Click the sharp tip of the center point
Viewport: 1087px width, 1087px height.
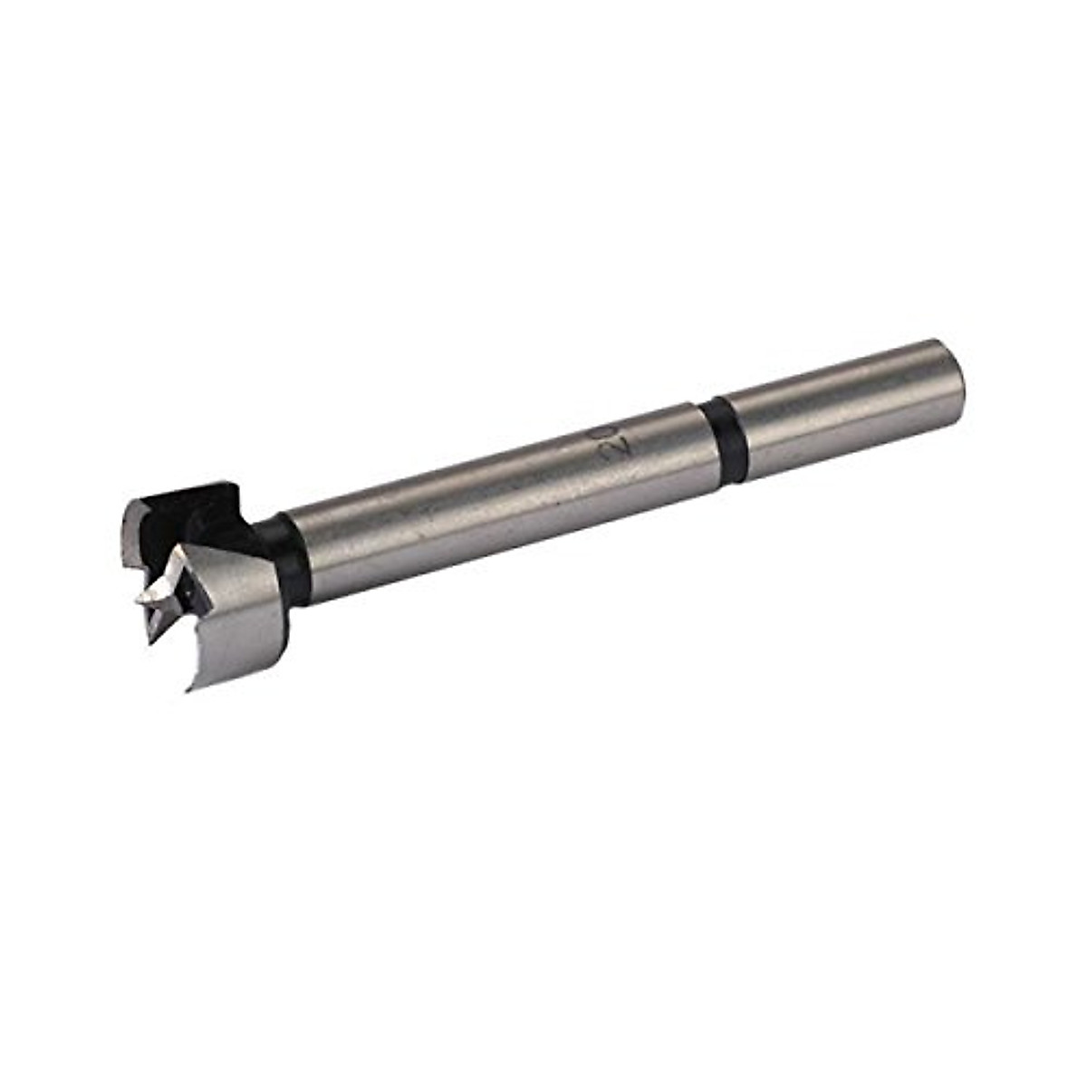pyautogui.click(x=139, y=599)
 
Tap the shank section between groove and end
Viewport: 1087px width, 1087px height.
pyautogui.click(x=842, y=399)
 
